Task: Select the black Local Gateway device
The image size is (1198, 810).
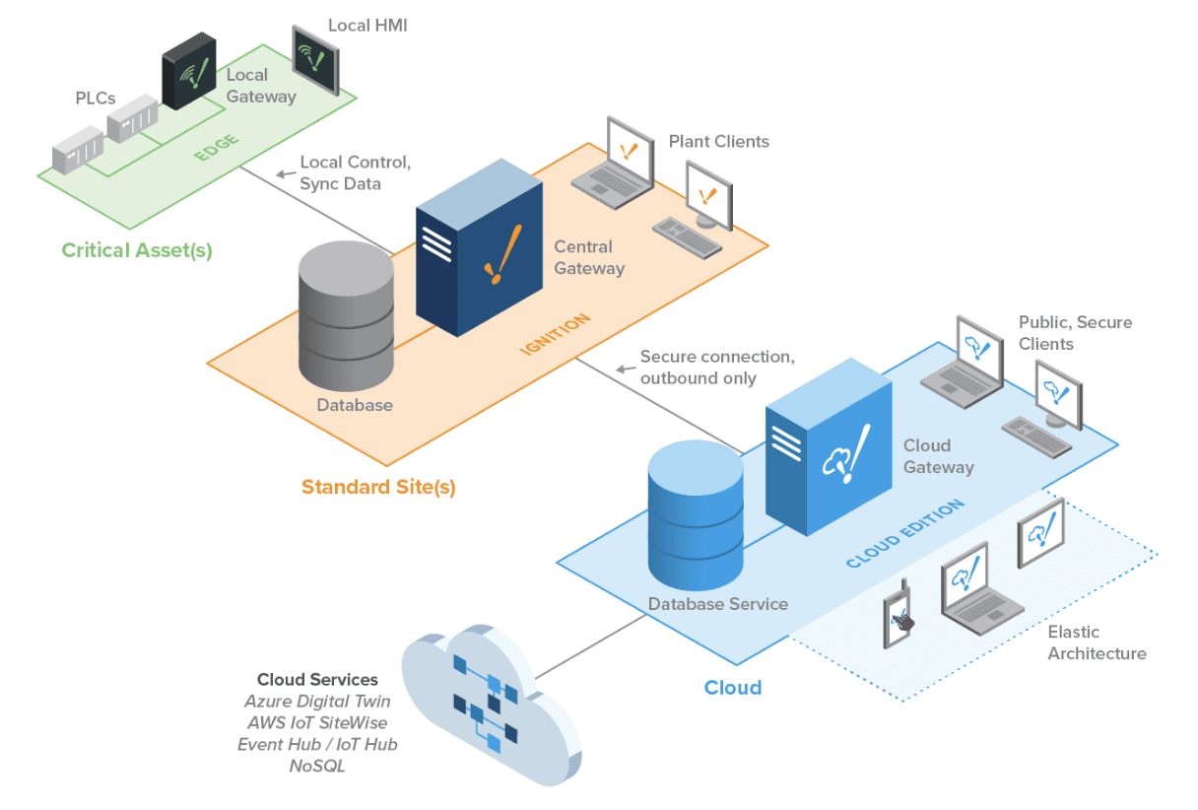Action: (x=188, y=71)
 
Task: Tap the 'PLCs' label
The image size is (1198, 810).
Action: (x=96, y=98)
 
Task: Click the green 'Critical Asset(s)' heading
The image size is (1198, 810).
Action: (x=137, y=250)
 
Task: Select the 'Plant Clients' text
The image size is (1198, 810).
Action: (x=718, y=142)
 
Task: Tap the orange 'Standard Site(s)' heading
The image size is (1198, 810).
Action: (x=378, y=487)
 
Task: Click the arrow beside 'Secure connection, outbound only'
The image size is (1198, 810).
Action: (x=625, y=370)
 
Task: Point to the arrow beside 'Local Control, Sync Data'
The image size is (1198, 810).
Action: (x=285, y=174)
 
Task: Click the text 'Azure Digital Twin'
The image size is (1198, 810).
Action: (x=317, y=702)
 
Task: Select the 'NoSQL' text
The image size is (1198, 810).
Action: (x=317, y=766)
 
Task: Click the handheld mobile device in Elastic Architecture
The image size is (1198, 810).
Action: (x=897, y=617)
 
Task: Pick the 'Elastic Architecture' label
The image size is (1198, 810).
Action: (x=1097, y=642)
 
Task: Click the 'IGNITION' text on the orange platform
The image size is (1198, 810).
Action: (x=555, y=335)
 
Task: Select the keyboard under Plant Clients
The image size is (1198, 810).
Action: (x=688, y=234)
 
